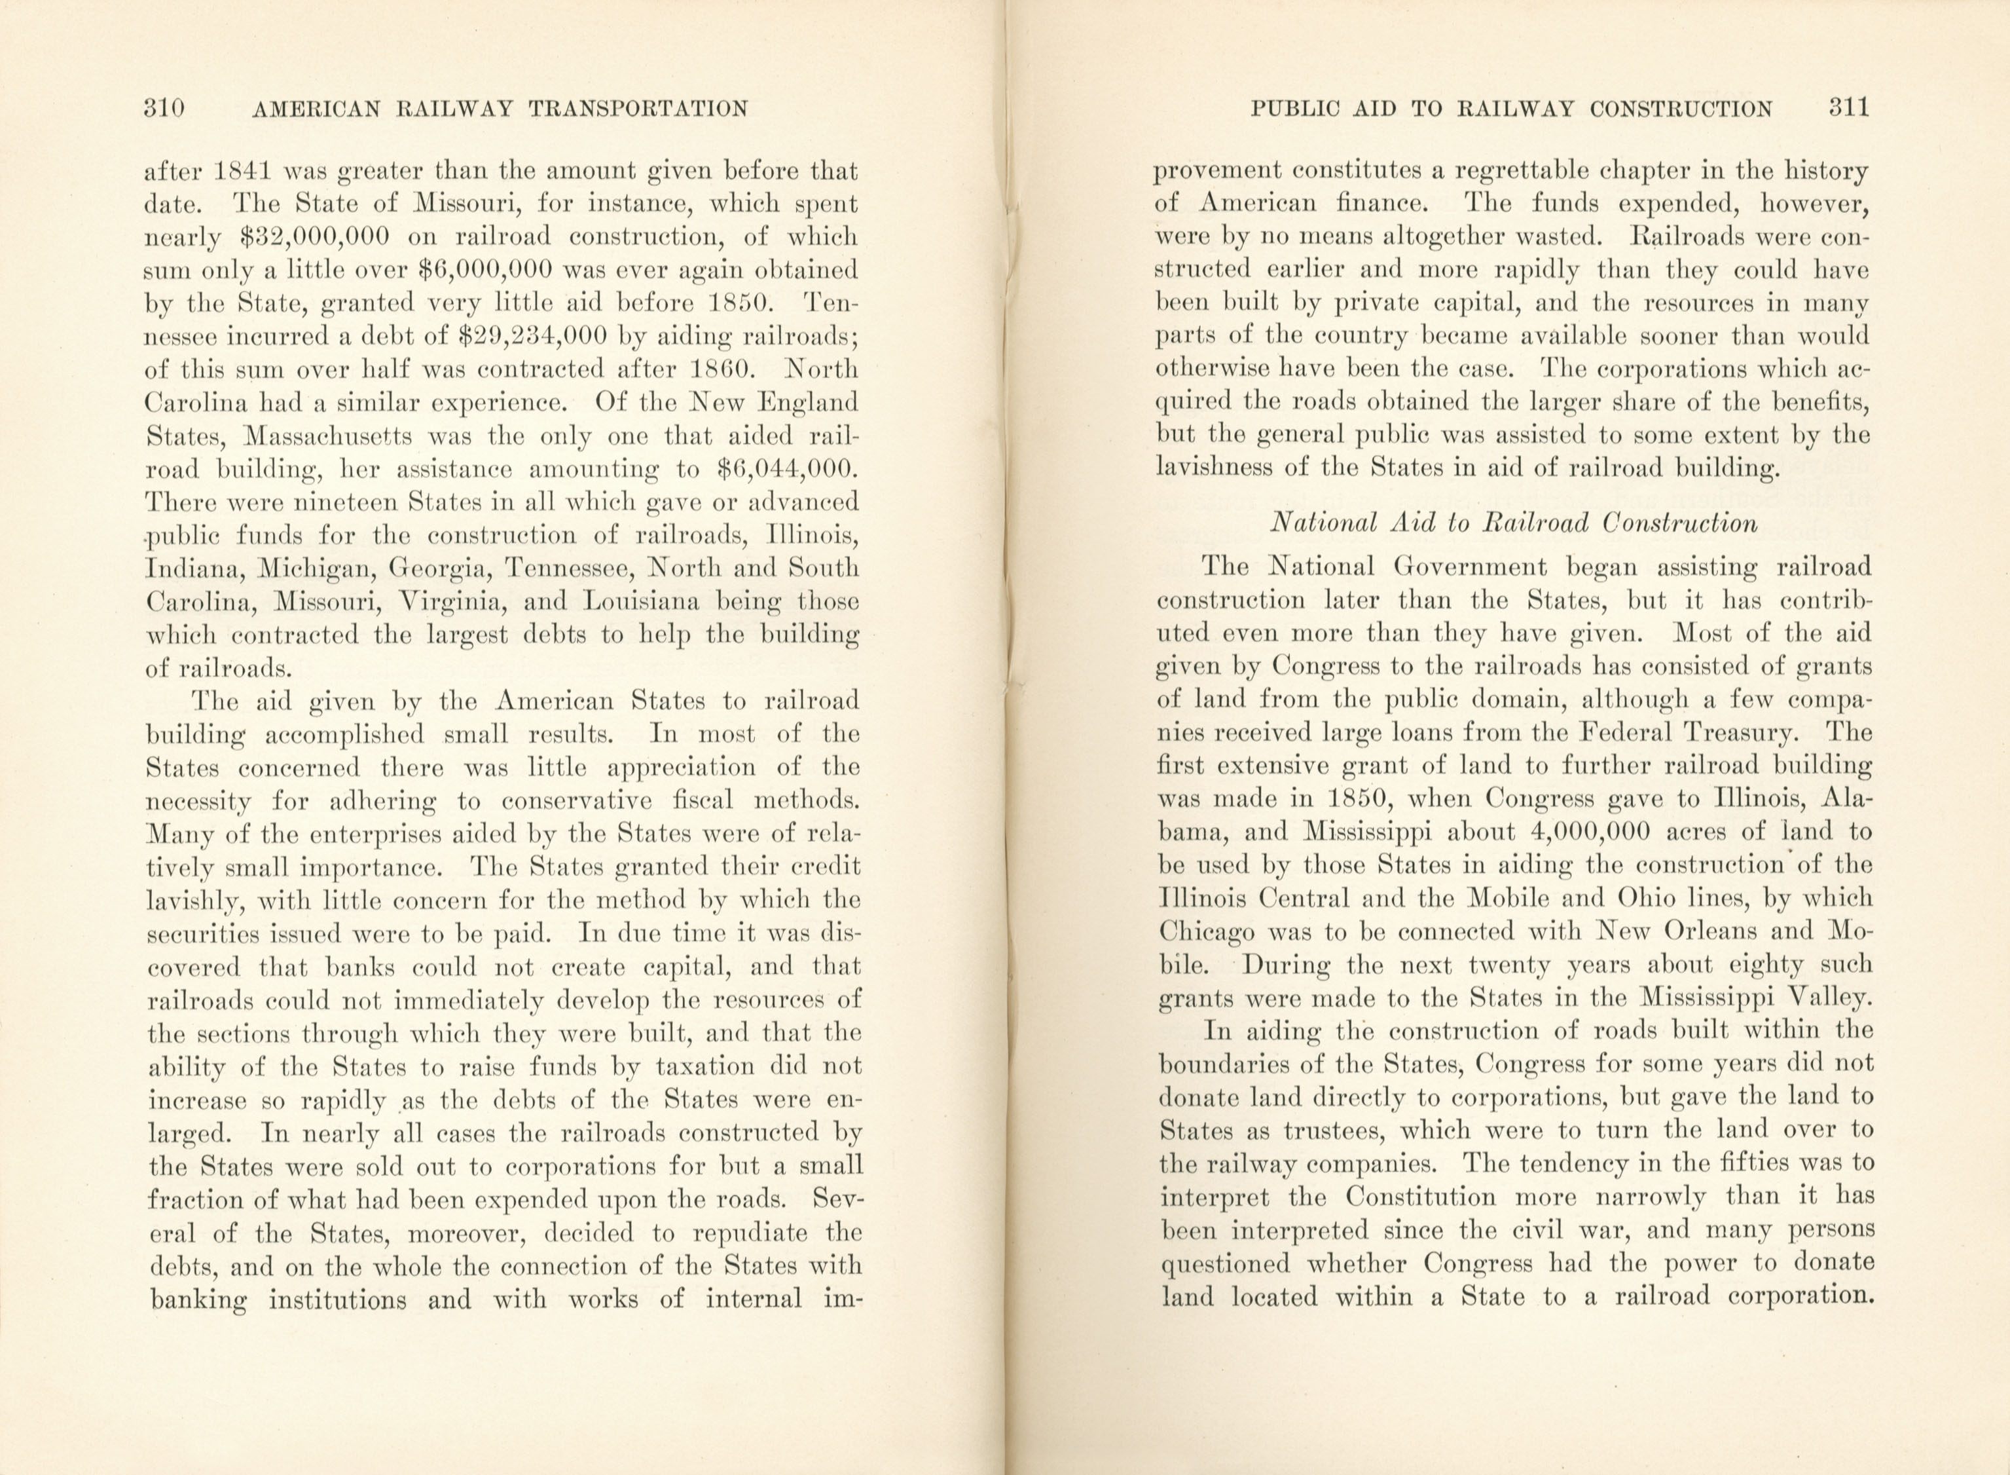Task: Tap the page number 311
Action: pyautogui.click(x=1848, y=109)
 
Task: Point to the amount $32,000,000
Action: pyautogui.click(x=316, y=238)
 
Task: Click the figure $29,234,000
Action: pyautogui.click(x=531, y=337)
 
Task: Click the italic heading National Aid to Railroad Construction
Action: pyautogui.click(x=1514, y=522)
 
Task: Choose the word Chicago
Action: pyautogui.click(x=1207, y=931)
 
